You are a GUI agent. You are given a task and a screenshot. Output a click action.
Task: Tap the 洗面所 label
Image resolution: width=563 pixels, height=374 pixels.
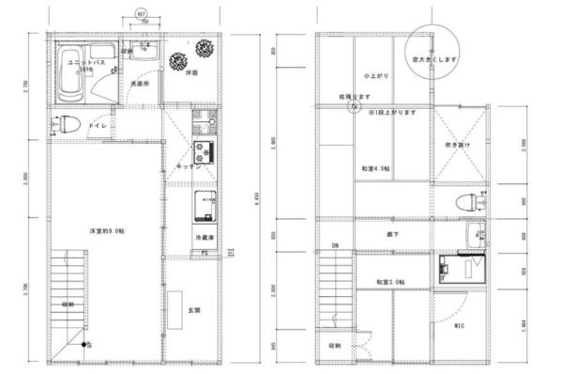pyautogui.click(x=140, y=84)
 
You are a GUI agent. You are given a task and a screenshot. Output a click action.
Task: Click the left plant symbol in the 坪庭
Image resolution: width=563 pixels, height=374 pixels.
pyautogui.click(x=176, y=61)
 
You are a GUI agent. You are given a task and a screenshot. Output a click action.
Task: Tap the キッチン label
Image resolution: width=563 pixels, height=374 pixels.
pyautogui.click(x=185, y=166)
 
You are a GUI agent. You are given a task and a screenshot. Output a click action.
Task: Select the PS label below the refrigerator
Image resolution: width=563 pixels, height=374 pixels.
pyautogui.click(x=204, y=253)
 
